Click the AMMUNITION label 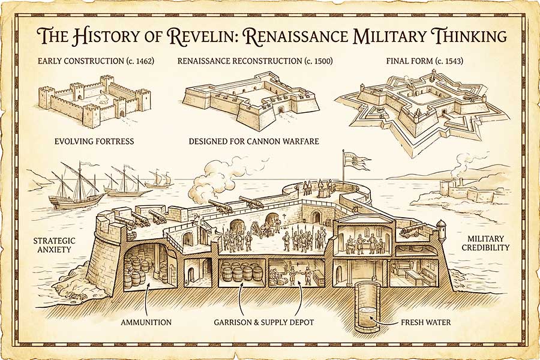coord(146,322)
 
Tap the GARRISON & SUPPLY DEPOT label coord(263,322)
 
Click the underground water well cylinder coord(367,307)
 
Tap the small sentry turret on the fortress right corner coord(442,231)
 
